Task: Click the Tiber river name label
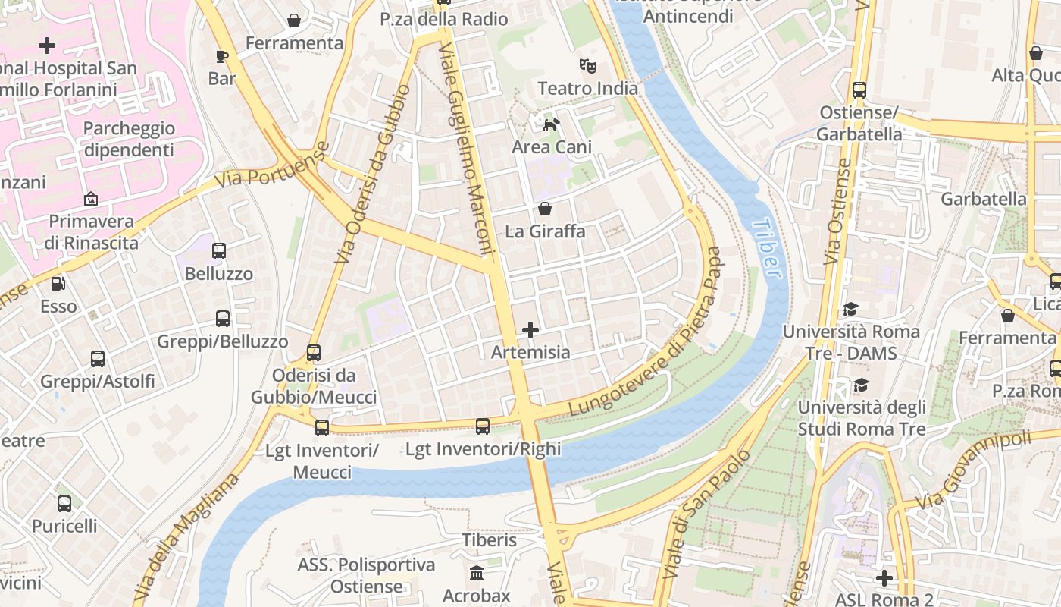[x=768, y=248]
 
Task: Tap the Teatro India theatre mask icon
[x=588, y=66]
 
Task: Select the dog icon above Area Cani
[x=552, y=124]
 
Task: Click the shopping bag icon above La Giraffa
[x=544, y=209]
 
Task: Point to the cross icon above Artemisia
[x=530, y=330]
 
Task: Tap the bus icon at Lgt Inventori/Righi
[x=483, y=426]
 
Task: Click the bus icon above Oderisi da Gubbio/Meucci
[x=314, y=353]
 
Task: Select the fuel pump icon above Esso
[x=58, y=284]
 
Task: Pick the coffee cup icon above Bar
[x=222, y=56]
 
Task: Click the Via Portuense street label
[x=273, y=165]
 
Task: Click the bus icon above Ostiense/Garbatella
[x=859, y=90]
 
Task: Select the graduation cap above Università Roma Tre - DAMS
[x=850, y=310]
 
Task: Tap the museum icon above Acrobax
[x=477, y=573]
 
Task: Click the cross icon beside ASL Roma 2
[x=884, y=578]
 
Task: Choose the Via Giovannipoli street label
[x=974, y=470]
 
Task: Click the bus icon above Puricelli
[x=64, y=503]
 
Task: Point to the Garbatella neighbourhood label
[x=984, y=200]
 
